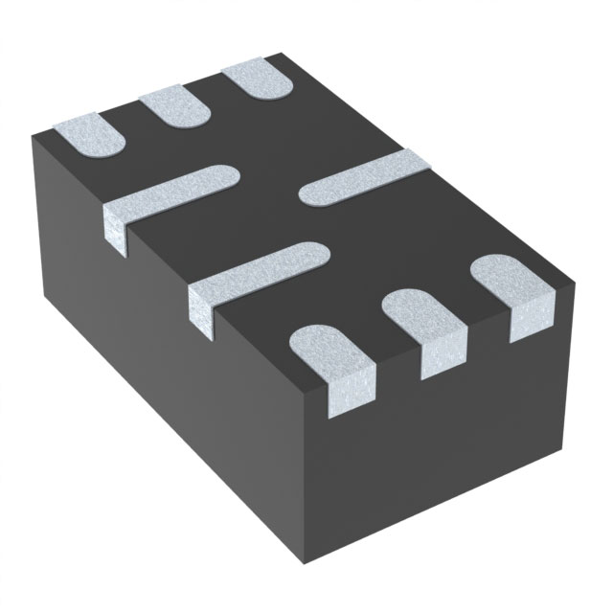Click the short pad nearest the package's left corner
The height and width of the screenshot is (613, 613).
pyautogui.click(x=89, y=134)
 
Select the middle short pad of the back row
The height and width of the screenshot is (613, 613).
pyautogui.click(x=175, y=106)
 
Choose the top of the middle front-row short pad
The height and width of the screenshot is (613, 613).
pyautogui.click(x=421, y=316)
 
